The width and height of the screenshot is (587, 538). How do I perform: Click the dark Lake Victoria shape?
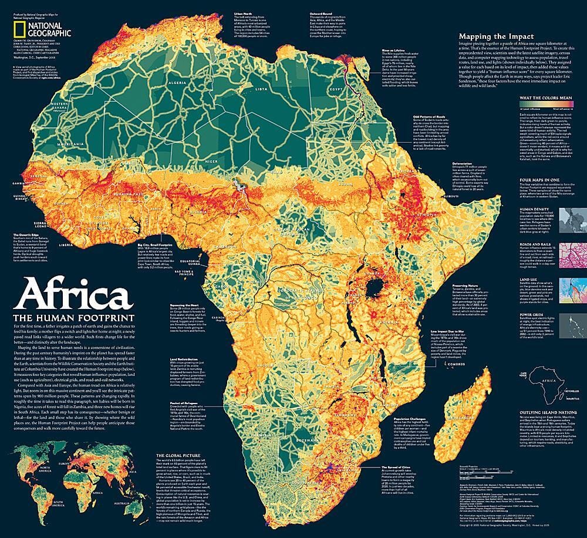[x=373, y=287]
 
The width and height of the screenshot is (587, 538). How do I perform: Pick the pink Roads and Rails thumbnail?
[x=570, y=254]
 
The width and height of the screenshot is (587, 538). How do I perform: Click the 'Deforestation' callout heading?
[x=463, y=164]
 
